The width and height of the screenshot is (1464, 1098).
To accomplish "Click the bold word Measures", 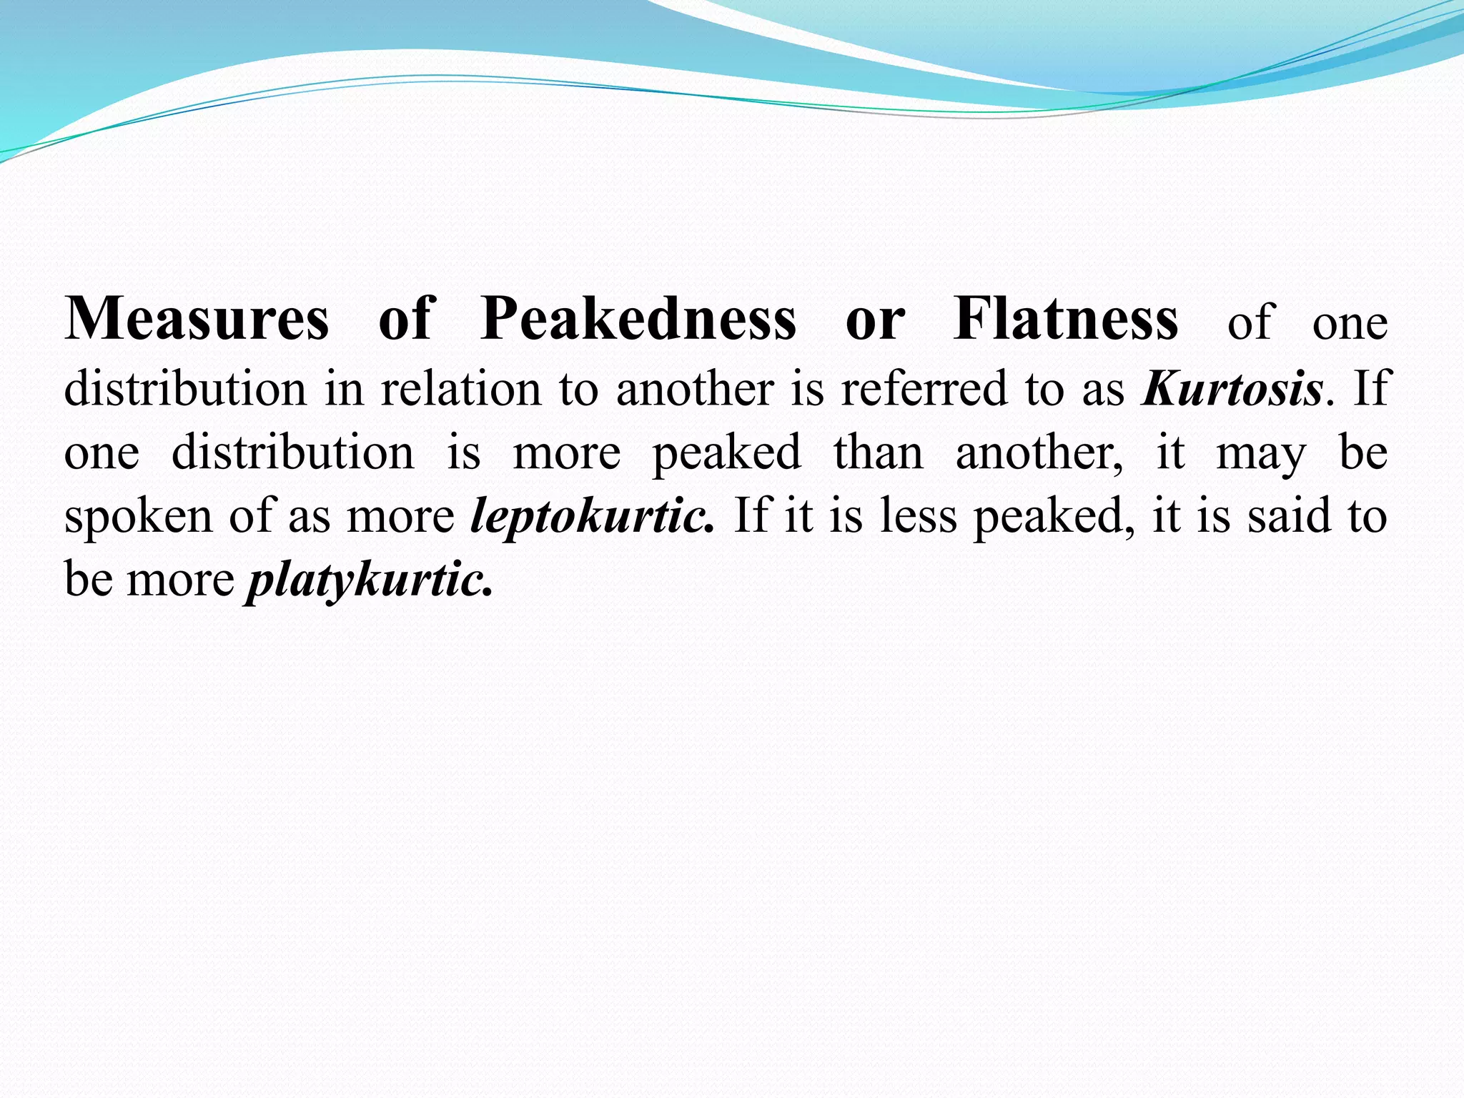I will [197, 319].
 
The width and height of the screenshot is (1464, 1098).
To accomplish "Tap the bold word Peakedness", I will [638, 319].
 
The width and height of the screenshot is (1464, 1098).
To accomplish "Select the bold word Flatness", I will [1066, 319].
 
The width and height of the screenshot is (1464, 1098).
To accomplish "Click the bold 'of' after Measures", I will [406, 319].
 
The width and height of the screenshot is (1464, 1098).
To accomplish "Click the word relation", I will [460, 389].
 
